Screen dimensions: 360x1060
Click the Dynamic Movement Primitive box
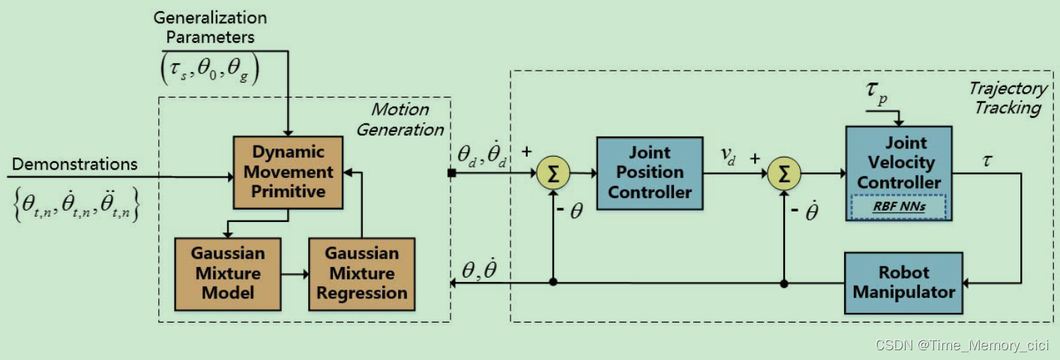coord(289,172)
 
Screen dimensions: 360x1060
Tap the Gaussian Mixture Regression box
coord(361,274)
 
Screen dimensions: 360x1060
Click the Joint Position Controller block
coord(649,172)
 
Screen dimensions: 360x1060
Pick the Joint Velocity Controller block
coord(899,162)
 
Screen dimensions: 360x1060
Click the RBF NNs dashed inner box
coord(899,206)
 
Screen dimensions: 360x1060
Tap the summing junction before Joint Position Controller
coord(552,173)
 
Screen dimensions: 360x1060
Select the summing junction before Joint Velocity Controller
coord(783,173)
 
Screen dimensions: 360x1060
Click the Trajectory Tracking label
coord(1007,97)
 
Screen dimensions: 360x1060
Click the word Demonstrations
coord(75,164)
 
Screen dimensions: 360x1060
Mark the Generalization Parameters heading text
coord(210,26)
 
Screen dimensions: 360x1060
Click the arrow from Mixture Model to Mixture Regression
coord(294,274)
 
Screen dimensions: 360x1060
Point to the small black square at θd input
coord(452,174)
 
